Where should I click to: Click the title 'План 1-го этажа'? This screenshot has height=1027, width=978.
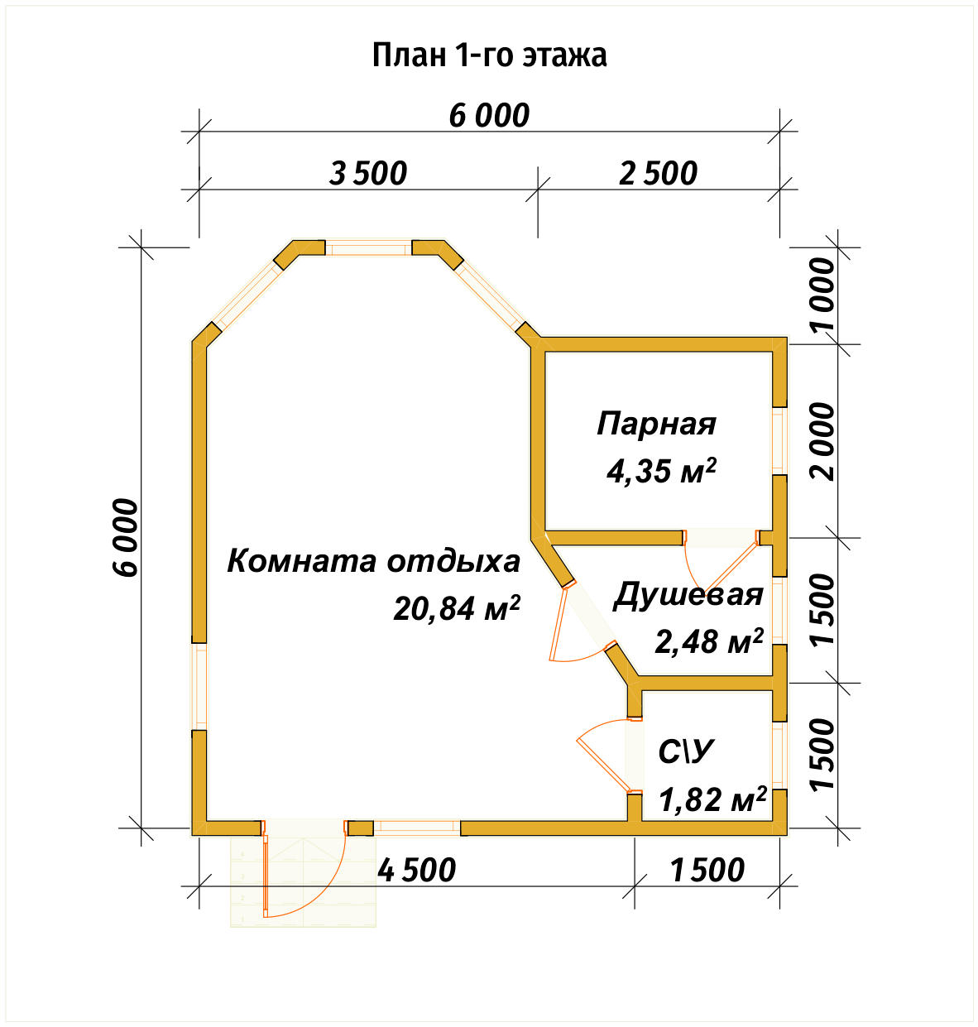489,55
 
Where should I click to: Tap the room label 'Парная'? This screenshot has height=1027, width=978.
656,424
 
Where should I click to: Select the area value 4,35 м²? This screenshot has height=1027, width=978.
660,471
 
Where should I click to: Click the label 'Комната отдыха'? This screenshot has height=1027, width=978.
373,561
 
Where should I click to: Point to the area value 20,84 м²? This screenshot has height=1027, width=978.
456,608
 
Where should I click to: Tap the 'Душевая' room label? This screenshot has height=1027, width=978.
688,595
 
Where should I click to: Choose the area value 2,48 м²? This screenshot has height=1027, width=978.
708,641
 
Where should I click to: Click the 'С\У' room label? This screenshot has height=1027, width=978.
685,751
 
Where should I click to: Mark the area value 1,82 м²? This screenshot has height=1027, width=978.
712,799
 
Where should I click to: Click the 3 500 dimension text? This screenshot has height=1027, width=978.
368,174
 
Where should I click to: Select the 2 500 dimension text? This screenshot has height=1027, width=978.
658,174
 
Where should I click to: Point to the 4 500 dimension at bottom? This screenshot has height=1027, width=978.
416,870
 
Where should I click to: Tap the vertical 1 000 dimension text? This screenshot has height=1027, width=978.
824,294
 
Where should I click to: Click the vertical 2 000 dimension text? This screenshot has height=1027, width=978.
824,441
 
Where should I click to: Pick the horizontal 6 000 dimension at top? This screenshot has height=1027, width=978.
489,116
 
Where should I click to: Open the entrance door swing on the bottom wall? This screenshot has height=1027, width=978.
304,877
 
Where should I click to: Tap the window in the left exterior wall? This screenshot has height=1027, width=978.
199,686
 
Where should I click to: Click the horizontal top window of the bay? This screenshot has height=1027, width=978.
368,247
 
